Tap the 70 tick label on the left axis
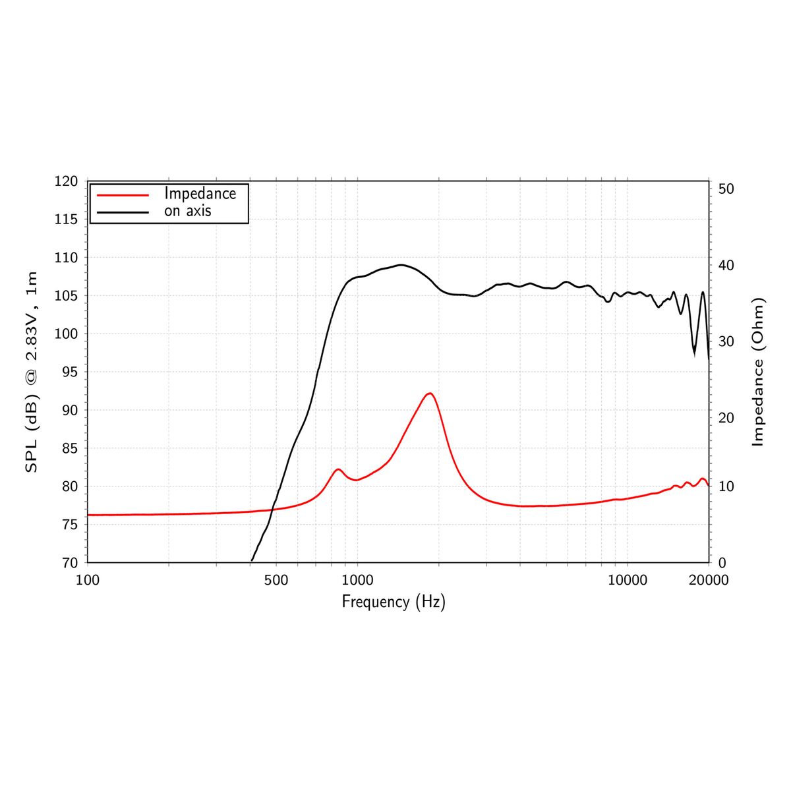(x=69, y=563)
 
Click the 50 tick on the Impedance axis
(x=726, y=189)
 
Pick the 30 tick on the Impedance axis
(x=726, y=341)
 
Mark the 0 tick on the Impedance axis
(x=722, y=563)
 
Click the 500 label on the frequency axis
(x=276, y=580)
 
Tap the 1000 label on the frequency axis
(x=357, y=580)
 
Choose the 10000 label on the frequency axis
(x=627, y=580)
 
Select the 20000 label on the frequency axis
(x=709, y=580)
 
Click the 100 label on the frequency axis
(x=88, y=580)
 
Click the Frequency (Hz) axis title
(x=394, y=602)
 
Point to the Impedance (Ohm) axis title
(x=758, y=372)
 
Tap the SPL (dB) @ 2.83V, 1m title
(x=31, y=372)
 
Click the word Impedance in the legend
(x=200, y=194)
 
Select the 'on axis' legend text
(x=187, y=212)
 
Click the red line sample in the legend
(x=123, y=194)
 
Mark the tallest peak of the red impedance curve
(x=430, y=394)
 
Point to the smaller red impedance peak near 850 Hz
(x=338, y=469)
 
